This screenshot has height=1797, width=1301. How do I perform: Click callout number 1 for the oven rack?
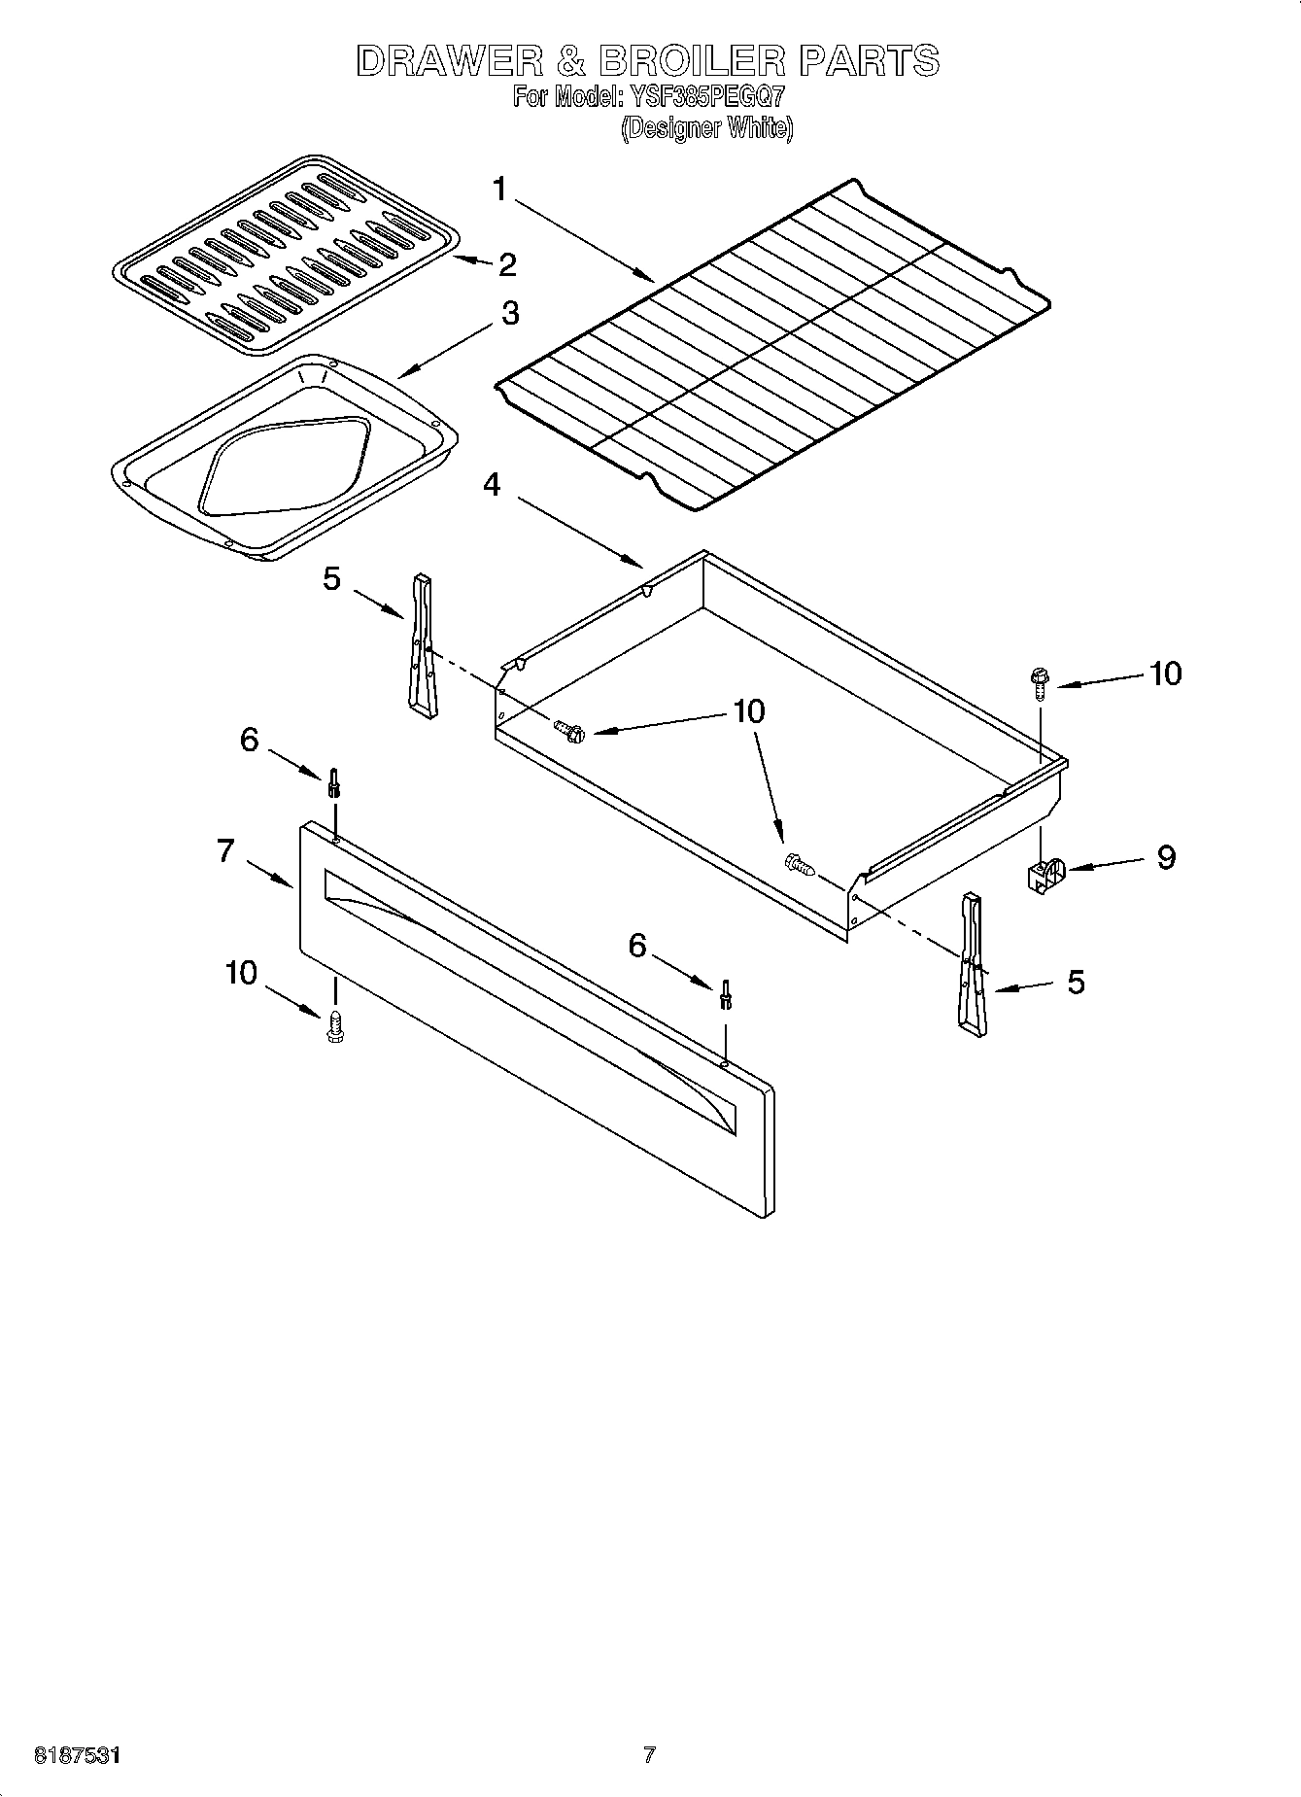pyautogui.click(x=499, y=189)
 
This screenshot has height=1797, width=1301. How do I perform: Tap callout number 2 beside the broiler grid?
pyautogui.click(x=506, y=264)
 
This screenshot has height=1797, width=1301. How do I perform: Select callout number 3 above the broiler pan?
pyautogui.click(x=509, y=313)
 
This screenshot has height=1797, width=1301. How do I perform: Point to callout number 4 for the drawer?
pyautogui.click(x=493, y=483)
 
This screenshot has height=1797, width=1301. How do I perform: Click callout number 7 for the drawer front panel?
pyautogui.click(x=225, y=850)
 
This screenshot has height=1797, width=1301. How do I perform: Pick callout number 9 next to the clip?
pyautogui.click(x=1165, y=857)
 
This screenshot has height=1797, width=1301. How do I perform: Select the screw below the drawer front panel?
pyautogui.click(x=336, y=1026)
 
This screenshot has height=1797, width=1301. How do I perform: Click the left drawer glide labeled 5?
pyautogui.click(x=422, y=646)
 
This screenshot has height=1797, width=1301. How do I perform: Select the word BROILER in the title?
pyautogui.click(x=691, y=60)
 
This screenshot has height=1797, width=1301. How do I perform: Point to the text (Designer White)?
pyautogui.click(x=707, y=128)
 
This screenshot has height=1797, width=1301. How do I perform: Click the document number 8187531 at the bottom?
pyautogui.click(x=78, y=1755)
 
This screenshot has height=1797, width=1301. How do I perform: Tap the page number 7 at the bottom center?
pyautogui.click(x=649, y=1755)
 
